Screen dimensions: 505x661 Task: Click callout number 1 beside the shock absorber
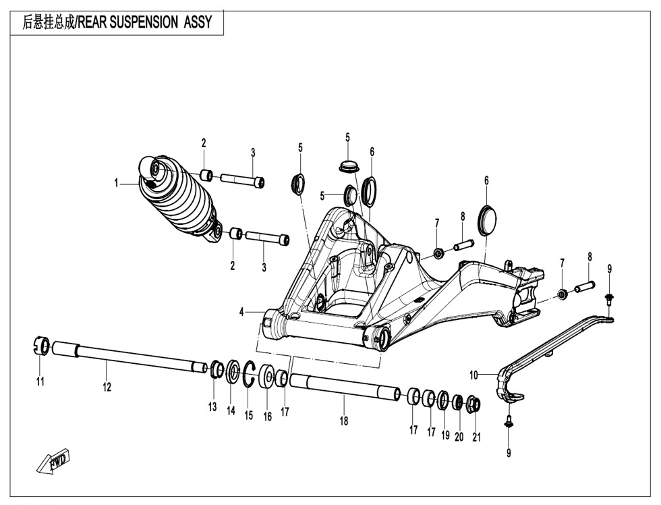pos(116,182)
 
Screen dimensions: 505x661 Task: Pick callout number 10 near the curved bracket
pos(473,373)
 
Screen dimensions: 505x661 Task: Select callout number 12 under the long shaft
pos(107,387)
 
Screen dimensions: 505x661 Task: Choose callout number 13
pos(212,406)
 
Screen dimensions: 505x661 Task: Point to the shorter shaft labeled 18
pos(344,387)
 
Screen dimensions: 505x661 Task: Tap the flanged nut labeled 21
pos(473,404)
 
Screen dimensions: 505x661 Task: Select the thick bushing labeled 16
pos(266,377)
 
